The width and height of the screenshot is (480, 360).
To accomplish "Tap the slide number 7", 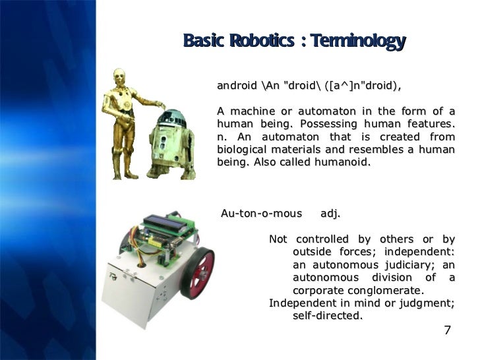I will pos(448,330).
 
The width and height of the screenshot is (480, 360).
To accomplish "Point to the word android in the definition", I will pos(237,86).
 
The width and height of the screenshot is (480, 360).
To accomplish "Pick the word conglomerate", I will pos(384,290).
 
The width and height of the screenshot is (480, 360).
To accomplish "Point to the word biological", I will pos(243,150).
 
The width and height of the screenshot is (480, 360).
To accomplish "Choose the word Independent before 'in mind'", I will pos(301,303).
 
